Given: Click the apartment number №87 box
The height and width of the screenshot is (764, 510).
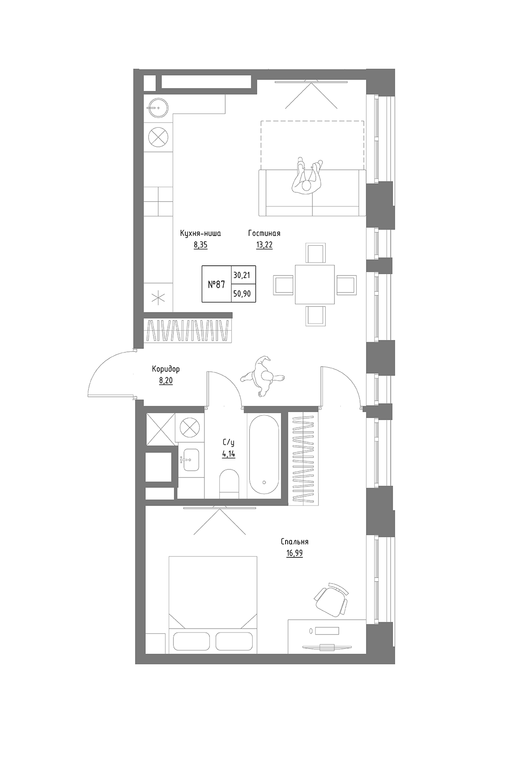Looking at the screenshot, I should (x=216, y=284).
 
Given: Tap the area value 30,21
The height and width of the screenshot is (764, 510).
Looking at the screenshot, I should (x=241, y=275).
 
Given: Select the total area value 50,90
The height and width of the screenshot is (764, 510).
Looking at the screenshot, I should (x=241, y=293).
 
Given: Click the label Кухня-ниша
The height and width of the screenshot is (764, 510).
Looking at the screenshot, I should (x=201, y=233).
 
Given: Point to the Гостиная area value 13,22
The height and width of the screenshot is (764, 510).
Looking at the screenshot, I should (x=264, y=245).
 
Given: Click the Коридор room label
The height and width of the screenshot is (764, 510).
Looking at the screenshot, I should (x=166, y=369).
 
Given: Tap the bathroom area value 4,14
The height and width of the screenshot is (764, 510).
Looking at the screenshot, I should (x=228, y=454).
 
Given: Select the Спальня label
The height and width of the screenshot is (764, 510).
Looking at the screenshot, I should (x=294, y=542).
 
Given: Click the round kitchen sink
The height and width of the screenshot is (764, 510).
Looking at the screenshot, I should (x=158, y=108).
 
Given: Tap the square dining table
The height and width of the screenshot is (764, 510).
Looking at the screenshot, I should (x=315, y=284).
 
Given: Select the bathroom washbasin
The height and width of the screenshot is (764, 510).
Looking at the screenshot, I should (x=189, y=460).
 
